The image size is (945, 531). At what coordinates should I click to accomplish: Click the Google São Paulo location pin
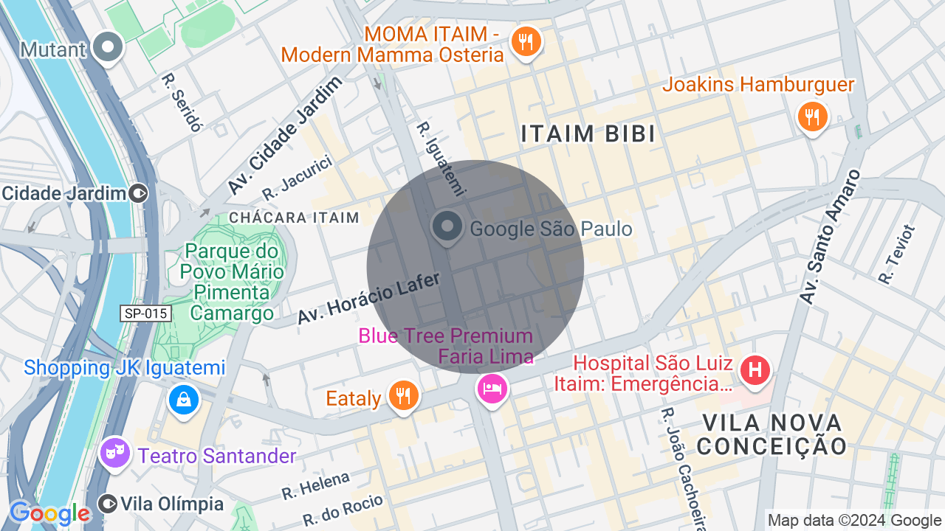point(447,227)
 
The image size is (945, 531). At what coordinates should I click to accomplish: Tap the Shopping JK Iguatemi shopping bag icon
point(183,400)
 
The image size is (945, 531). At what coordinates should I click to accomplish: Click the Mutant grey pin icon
point(109,48)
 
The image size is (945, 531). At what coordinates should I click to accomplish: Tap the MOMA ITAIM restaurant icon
point(526,42)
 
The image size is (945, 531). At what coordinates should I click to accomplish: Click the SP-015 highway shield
point(146,313)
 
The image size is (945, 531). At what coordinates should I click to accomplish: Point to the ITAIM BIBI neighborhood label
point(588,134)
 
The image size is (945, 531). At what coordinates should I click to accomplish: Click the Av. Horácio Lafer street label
point(368,299)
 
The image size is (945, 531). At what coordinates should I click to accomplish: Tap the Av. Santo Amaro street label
point(831,236)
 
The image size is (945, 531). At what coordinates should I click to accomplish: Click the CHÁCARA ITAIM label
point(294,218)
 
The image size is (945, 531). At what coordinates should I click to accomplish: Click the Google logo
point(49,513)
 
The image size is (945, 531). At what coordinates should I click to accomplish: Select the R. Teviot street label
point(896,254)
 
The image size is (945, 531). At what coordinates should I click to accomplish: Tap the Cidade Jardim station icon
point(138,194)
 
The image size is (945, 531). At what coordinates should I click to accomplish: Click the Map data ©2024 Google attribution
point(854,521)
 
